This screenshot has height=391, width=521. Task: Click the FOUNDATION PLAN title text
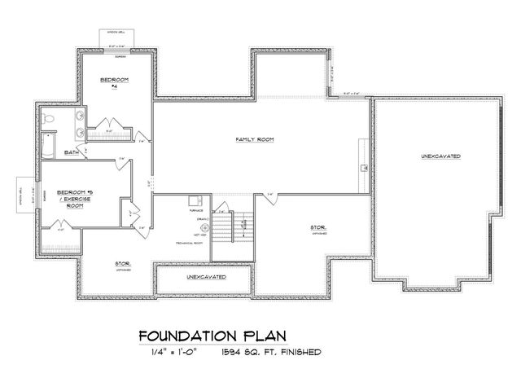point(212,336)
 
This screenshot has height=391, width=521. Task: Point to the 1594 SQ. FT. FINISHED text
point(270,352)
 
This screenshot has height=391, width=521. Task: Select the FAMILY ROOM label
point(254,140)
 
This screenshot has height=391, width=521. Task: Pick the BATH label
point(72,152)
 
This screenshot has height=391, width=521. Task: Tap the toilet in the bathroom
point(49,122)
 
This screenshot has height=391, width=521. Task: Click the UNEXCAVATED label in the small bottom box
point(206,278)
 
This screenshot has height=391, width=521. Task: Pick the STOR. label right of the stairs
point(318,229)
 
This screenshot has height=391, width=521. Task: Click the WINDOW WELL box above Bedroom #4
point(118,38)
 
